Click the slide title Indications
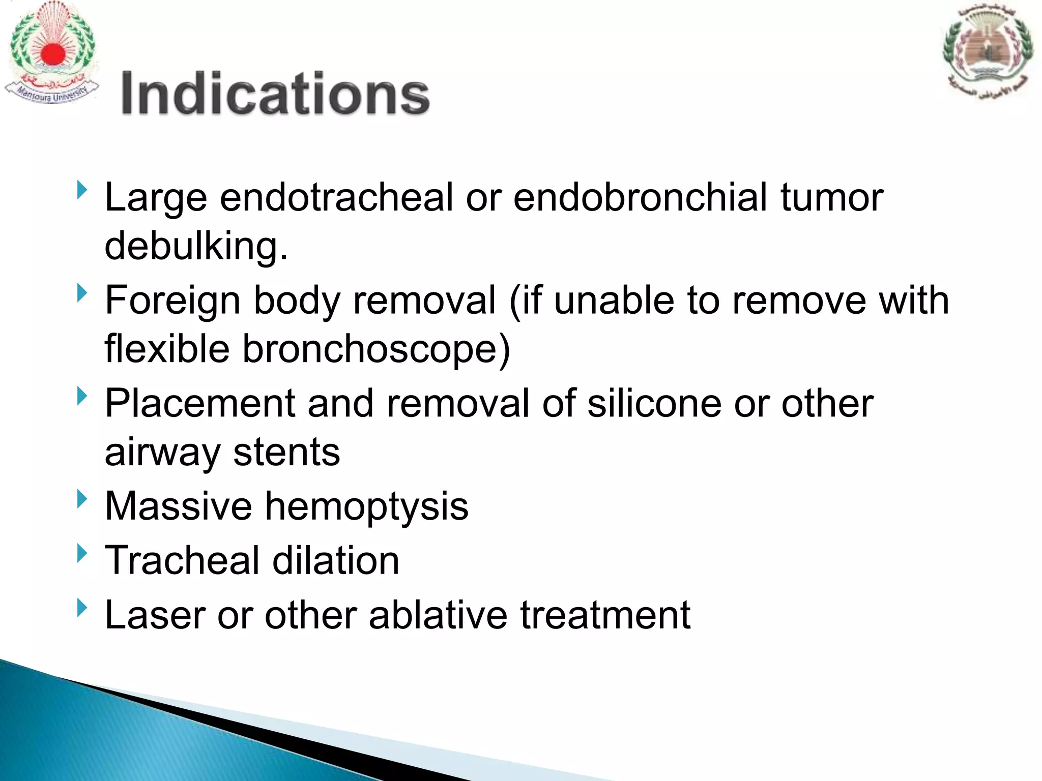(275, 94)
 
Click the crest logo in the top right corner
(987, 51)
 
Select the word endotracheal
(336, 197)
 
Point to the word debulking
(196, 246)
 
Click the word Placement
(199, 404)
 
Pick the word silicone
(654, 404)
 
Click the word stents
(286, 453)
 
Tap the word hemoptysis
(366, 507)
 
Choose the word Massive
(178, 506)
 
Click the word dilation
(336, 560)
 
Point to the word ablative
(438, 615)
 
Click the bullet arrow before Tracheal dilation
(82, 553)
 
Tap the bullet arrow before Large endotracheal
(82, 191)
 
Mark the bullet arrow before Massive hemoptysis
(82, 499)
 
